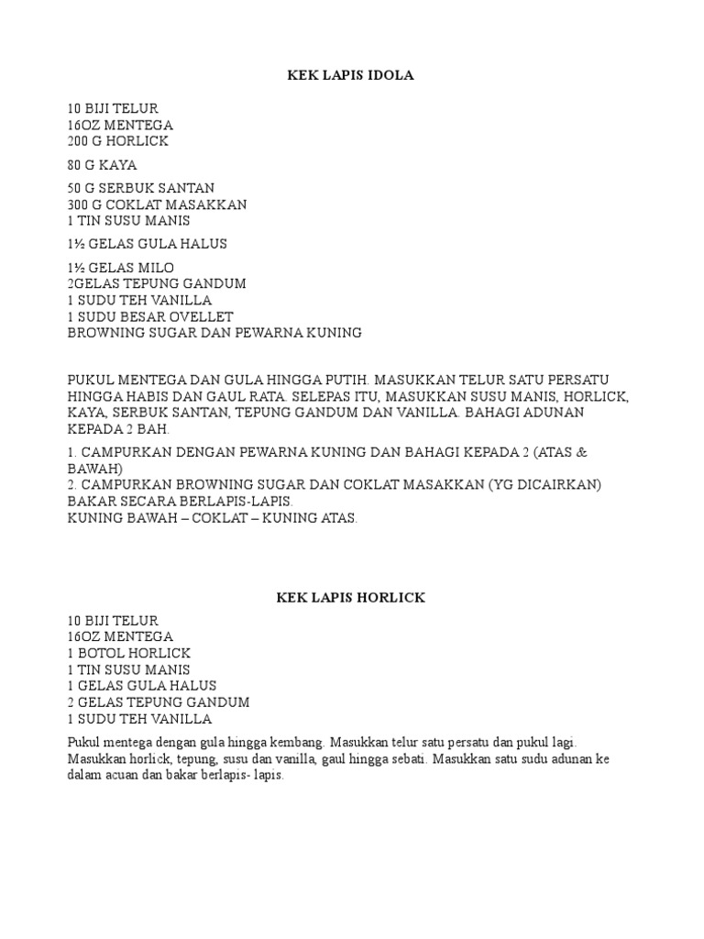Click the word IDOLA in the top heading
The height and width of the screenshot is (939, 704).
[393, 75]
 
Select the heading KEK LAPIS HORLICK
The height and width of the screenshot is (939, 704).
[351, 597]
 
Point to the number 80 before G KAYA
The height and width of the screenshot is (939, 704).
[75, 165]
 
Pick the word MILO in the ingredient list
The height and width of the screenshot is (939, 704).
[155, 267]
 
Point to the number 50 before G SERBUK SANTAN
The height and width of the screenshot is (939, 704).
[75, 188]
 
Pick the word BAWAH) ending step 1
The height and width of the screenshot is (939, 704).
[95, 468]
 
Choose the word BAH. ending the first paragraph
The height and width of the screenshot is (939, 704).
[155, 429]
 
